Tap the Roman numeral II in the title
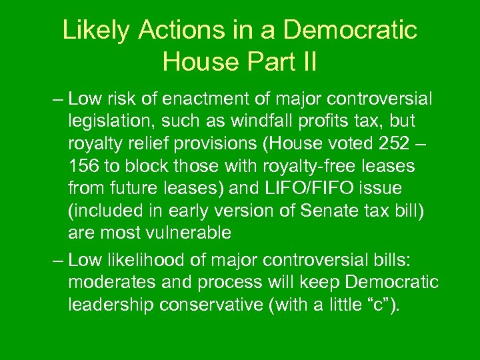pyautogui.click(x=306, y=62)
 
